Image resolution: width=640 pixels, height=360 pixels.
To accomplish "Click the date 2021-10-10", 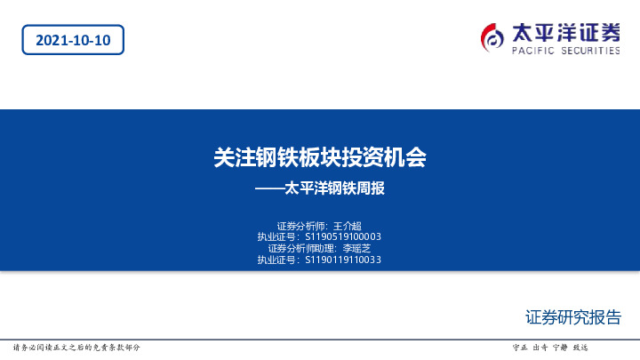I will click(x=73, y=40).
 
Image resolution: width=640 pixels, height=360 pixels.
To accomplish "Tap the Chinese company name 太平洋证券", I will click(x=565, y=32).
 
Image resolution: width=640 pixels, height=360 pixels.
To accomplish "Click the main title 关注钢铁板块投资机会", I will click(x=320, y=158).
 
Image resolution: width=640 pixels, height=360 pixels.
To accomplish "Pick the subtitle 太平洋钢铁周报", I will click(x=334, y=189).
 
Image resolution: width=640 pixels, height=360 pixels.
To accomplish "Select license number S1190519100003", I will click(x=343, y=237).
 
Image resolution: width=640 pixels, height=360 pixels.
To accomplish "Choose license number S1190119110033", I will click(x=343, y=260).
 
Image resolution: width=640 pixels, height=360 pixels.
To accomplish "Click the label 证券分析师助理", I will click(x=300, y=249).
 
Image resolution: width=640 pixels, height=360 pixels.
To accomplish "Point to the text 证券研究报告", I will click(x=573, y=317).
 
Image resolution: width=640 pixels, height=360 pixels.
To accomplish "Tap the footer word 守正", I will click(x=521, y=347).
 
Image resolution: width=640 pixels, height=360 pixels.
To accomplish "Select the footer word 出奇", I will click(x=540, y=347).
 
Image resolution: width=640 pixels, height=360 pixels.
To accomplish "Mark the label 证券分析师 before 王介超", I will click(x=303, y=226).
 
